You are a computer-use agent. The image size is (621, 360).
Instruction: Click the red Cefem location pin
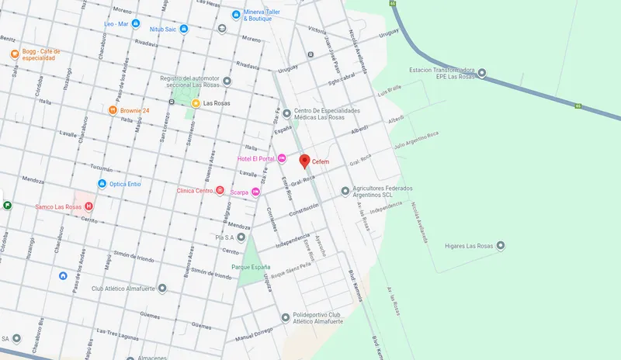(x=304, y=161)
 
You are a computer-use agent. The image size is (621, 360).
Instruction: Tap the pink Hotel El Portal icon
(x=283, y=158)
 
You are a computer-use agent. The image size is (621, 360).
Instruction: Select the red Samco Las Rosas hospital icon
(x=88, y=206)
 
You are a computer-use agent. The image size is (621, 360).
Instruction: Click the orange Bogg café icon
(x=14, y=54)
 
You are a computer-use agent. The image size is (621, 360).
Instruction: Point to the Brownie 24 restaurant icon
(x=113, y=110)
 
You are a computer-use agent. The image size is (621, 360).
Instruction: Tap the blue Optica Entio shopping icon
(x=102, y=184)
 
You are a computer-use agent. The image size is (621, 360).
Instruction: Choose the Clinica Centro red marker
(x=220, y=190)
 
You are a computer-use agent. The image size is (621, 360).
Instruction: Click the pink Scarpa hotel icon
(x=255, y=192)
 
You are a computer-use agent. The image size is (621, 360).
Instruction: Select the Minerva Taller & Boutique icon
(x=236, y=15)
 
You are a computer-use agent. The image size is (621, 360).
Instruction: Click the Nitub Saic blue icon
(x=184, y=29)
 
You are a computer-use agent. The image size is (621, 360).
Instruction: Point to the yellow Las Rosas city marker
(x=196, y=103)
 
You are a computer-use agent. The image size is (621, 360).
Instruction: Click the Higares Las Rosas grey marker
(x=501, y=246)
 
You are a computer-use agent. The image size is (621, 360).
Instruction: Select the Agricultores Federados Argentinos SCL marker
(x=345, y=191)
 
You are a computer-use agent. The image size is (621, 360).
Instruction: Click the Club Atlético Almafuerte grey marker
(x=161, y=289)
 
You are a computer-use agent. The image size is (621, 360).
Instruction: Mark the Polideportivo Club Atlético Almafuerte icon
(x=285, y=317)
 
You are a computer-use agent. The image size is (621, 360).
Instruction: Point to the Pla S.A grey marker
(x=241, y=237)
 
